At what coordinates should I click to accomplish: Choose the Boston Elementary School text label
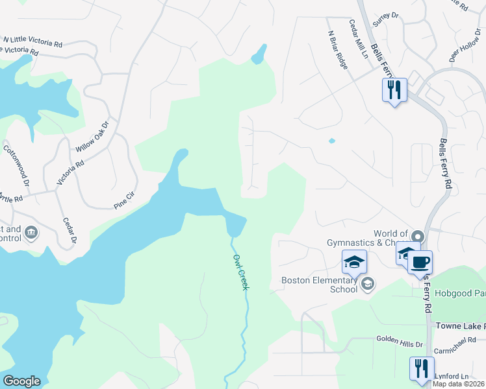click(x=320, y=285)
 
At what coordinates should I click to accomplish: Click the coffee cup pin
click(x=420, y=263)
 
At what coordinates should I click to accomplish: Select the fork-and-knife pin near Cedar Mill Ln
click(x=394, y=90)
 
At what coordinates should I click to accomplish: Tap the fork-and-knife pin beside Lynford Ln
click(x=420, y=368)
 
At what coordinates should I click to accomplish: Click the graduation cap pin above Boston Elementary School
click(x=355, y=262)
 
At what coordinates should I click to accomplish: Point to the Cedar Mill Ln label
click(x=359, y=41)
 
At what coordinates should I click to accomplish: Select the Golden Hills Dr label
click(x=400, y=339)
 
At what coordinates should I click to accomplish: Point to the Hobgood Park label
click(x=459, y=293)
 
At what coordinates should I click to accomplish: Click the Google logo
click(x=21, y=381)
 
